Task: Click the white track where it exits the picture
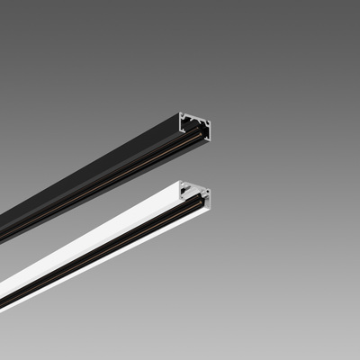pyautogui.click(x=3, y=301)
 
